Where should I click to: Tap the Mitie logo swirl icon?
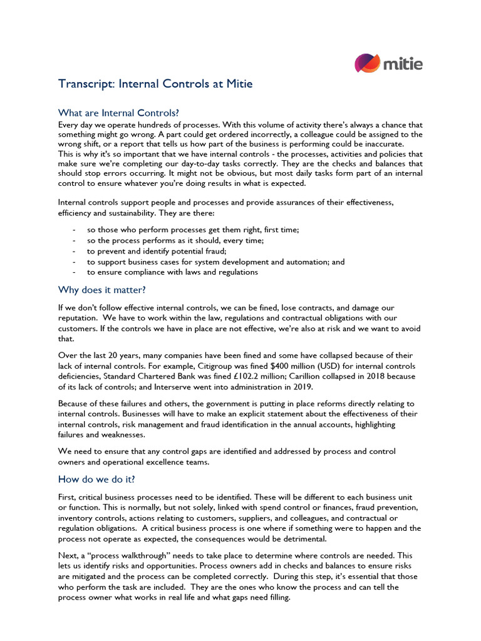tap(368, 64)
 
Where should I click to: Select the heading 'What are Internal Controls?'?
tap(118, 113)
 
